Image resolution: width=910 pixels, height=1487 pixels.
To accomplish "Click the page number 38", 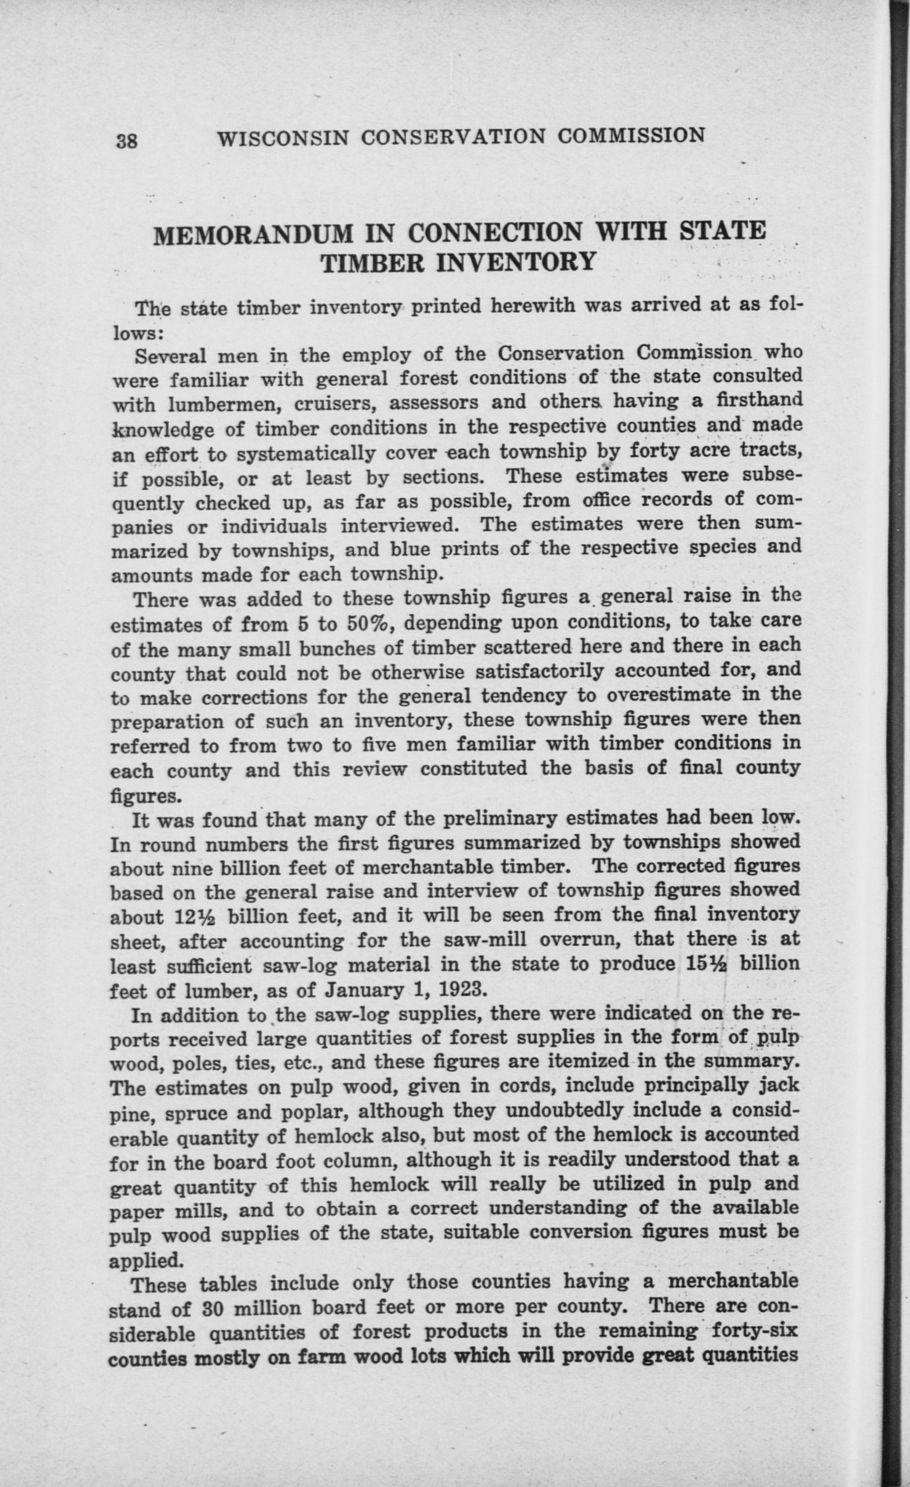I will tap(127, 141).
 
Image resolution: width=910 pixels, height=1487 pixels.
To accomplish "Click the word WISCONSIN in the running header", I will tap(283, 138).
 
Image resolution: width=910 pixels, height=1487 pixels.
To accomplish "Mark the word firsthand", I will tap(758, 400).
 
